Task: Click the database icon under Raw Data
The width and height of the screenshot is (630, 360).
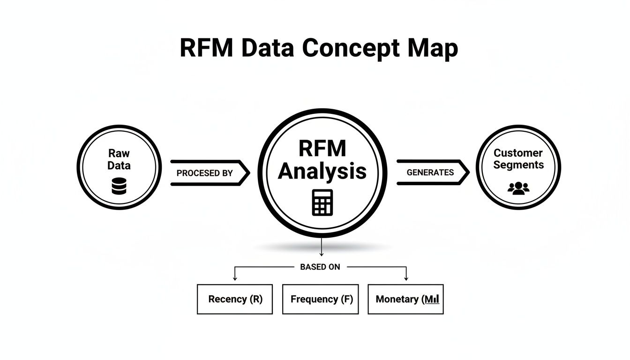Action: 119,186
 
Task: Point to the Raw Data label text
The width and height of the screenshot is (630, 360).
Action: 119,159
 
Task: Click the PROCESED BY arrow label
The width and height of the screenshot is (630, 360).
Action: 204,173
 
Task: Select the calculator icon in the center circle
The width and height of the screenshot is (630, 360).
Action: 322,202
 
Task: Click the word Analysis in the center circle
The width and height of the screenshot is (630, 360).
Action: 322,172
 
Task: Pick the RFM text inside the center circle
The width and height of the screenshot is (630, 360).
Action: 322,149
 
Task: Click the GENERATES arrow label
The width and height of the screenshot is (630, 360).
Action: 430,172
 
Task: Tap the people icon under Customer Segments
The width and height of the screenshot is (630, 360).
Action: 518,188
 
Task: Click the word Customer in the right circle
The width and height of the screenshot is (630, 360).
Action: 518,153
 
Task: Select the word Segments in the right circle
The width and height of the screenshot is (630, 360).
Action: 518,165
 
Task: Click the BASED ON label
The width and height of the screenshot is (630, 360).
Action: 320,267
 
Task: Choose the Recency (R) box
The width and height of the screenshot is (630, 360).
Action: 235,299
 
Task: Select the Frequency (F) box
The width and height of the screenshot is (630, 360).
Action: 321,299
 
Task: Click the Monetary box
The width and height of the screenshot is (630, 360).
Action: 405,299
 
